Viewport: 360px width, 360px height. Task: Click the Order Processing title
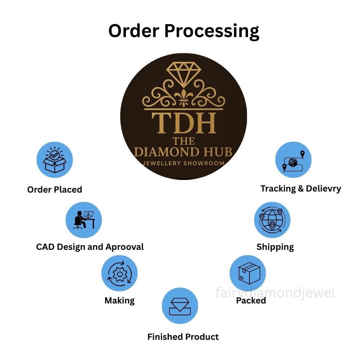[x=184, y=31]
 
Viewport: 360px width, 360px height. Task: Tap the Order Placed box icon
[x=55, y=160]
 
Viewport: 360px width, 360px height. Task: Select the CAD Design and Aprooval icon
[x=84, y=220]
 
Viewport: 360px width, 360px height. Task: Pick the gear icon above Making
[x=120, y=274]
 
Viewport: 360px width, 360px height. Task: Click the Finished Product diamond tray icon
[x=180, y=306]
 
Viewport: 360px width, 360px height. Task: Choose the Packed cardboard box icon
[x=248, y=273]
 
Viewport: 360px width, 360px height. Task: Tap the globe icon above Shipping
[x=272, y=220]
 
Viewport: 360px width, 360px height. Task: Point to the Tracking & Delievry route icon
[x=293, y=160]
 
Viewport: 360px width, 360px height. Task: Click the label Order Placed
[x=55, y=190]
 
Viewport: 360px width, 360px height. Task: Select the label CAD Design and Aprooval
[x=90, y=247]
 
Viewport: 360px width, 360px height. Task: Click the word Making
[x=120, y=301]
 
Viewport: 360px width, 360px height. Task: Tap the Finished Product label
[x=183, y=337]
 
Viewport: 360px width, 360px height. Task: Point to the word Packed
[x=251, y=301]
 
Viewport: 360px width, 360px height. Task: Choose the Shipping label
[x=275, y=247]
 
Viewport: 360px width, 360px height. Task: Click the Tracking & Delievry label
[x=301, y=189]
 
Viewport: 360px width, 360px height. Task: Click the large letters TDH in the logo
[x=184, y=123]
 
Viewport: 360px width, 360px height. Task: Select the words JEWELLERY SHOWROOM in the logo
[x=183, y=163]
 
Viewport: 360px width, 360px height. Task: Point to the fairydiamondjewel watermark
[x=275, y=293]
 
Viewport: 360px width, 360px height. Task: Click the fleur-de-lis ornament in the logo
[x=184, y=97]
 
